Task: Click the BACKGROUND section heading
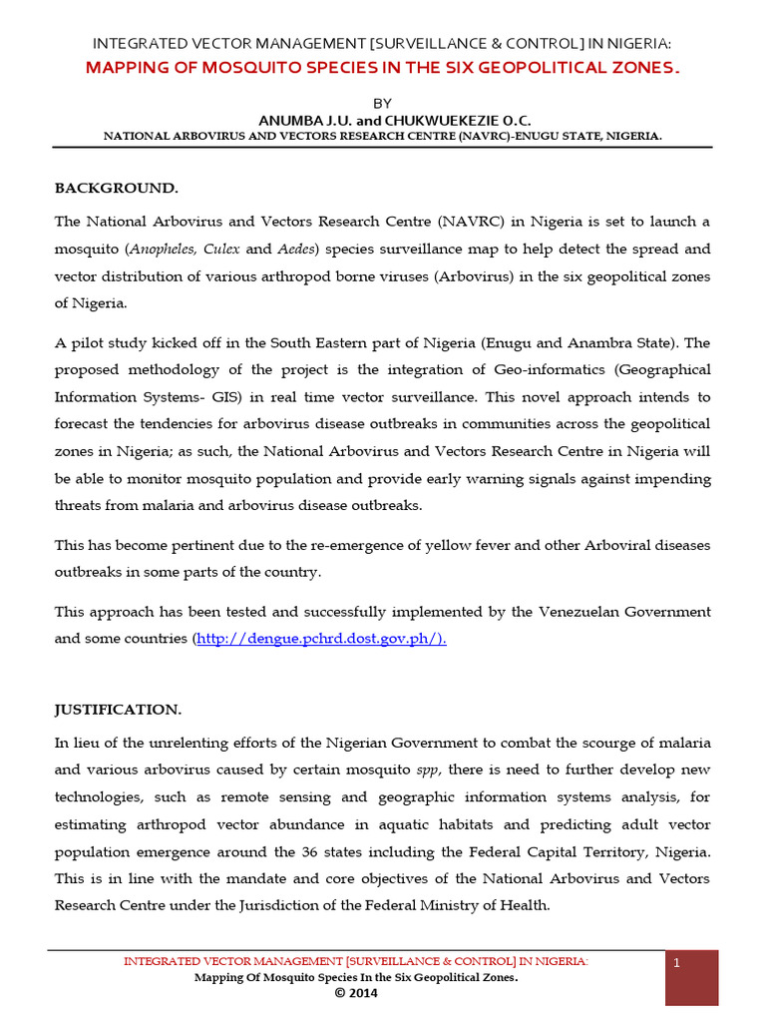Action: [x=116, y=188]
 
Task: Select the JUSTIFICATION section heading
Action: [x=118, y=710]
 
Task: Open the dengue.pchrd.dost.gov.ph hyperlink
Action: [x=321, y=639]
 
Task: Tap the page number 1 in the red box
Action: [x=677, y=963]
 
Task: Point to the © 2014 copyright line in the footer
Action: [x=356, y=994]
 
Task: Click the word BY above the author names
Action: [x=383, y=103]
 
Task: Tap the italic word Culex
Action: [x=222, y=250]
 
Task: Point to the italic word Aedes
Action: [x=296, y=250]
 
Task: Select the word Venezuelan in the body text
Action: [x=574, y=611]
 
